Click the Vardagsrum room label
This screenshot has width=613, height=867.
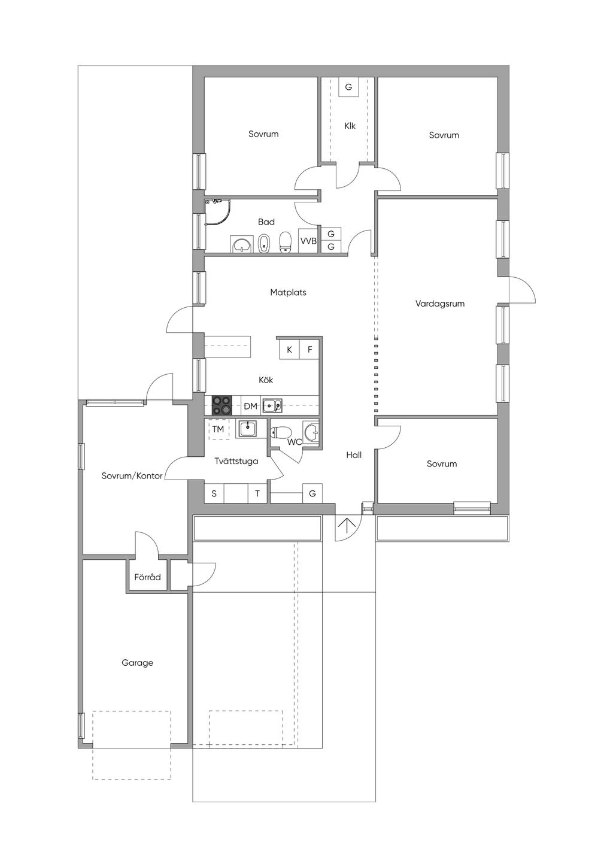click(439, 304)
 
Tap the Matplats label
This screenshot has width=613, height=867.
click(289, 293)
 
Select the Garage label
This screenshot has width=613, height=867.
click(137, 663)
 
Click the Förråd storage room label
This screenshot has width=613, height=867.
click(147, 577)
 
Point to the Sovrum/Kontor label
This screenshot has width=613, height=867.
click(132, 476)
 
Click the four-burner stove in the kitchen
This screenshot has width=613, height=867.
click(221, 405)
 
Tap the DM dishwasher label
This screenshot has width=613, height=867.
click(251, 407)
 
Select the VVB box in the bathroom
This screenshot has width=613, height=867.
click(308, 240)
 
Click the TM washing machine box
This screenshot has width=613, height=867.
click(219, 429)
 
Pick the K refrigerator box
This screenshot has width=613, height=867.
click(290, 350)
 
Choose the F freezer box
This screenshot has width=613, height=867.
click(309, 350)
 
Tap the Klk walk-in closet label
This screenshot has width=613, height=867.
click(350, 126)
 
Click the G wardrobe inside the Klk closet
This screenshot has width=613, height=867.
click(348, 87)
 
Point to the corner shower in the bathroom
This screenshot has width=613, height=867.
click(217, 212)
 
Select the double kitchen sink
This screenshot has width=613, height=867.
click(272, 405)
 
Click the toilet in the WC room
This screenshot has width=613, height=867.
click(281, 432)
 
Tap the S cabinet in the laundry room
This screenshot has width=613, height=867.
click(214, 494)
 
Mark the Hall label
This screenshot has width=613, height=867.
click(354, 455)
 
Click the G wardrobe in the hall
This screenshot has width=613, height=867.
click(312, 493)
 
